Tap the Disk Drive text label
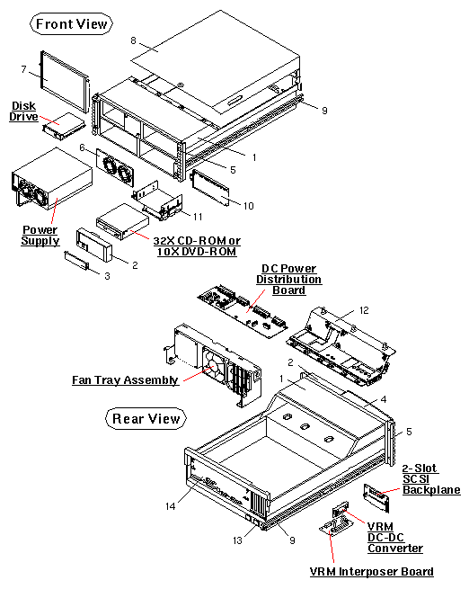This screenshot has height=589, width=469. [23, 112]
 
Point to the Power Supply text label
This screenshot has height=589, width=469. [40, 236]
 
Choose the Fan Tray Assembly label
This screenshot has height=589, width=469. [125, 380]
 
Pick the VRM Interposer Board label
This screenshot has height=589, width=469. [371, 572]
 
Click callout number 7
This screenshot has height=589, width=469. [24, 69]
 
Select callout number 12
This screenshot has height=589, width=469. [364, 310]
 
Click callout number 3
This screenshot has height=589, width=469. [107, 277]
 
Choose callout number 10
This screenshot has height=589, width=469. [249, 207]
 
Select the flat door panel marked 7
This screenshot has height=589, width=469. [65, 83]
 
